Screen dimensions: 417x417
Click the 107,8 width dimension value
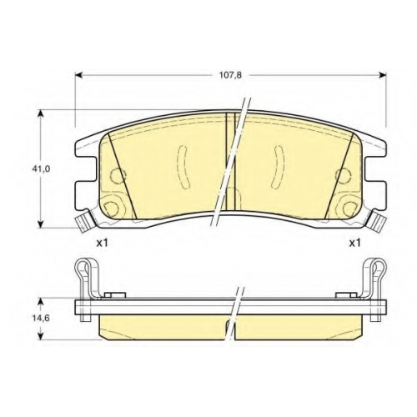[231, 75]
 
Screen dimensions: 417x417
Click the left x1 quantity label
[102, 244]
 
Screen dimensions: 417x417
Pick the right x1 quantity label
[354, 244]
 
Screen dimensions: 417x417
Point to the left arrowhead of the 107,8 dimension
[79, 75]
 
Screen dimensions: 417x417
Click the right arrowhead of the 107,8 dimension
[383, 75]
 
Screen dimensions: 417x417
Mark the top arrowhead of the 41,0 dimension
[41, 113]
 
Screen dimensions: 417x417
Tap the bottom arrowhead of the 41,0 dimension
[41, 224]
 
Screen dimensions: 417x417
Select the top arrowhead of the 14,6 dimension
[41, 303]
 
